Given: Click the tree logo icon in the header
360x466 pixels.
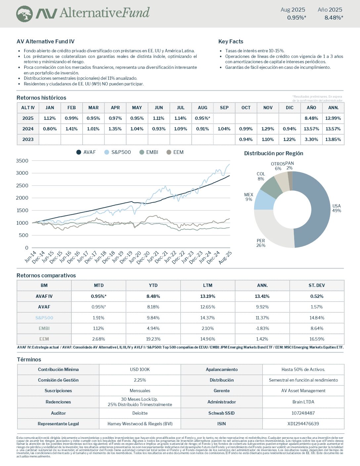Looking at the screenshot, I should click(x=24, y=14).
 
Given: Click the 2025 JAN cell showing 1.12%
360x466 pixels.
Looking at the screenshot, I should click(x=50, y=118).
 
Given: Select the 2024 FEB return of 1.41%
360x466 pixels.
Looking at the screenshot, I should click(x=71, y=129).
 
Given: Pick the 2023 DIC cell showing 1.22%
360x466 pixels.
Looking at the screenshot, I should click(x=290, y=139).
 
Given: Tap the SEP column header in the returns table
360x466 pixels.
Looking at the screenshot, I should click(x=224, y=108).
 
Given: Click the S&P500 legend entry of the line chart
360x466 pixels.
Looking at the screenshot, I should click(x=118, y=152).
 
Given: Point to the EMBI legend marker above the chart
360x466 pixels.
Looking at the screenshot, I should click(x=142, y=152).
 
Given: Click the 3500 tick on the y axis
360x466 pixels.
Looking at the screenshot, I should click(x=22, y=161).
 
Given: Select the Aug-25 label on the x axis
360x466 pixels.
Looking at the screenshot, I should click(x=225, y=257).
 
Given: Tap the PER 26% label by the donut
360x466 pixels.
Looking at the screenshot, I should click(x=261, y=243).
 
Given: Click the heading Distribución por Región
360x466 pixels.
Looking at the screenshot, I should click(x=273, y=153).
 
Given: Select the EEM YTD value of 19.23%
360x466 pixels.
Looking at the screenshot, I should click(x=153, y=339).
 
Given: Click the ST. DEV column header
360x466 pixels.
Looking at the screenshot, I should click(x=317, y=285).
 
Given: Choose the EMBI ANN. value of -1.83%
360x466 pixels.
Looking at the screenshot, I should click(x=262, y=328).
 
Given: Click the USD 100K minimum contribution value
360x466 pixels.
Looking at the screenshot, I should click(x=140, y=369).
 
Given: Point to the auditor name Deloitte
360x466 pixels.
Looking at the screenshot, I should click(x=140, y=413).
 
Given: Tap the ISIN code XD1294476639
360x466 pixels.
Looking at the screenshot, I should click(x=303, y=424).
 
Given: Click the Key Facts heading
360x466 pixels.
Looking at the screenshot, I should click(x=231, y=41).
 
